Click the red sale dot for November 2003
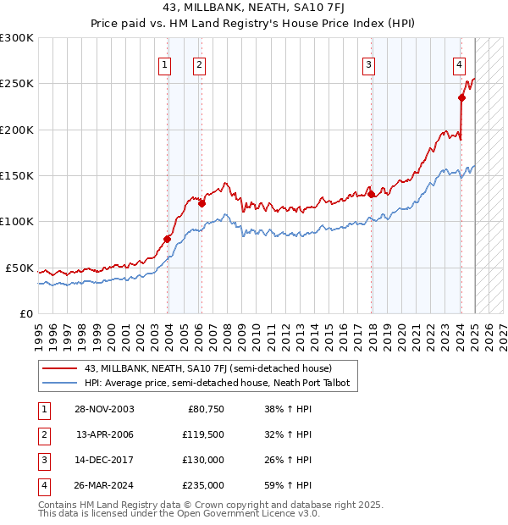coord(167,239)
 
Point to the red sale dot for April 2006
coord(202,203)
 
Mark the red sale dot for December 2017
coord(372,194)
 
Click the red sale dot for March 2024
coord(462,97)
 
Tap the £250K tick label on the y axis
coord(17,84)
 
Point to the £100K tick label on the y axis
coord(17,221)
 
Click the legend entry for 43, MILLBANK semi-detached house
coord(208,368)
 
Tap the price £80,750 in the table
coord(205,409)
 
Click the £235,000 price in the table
coord(204,485)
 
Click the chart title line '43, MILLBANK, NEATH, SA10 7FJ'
coord(254,10)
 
